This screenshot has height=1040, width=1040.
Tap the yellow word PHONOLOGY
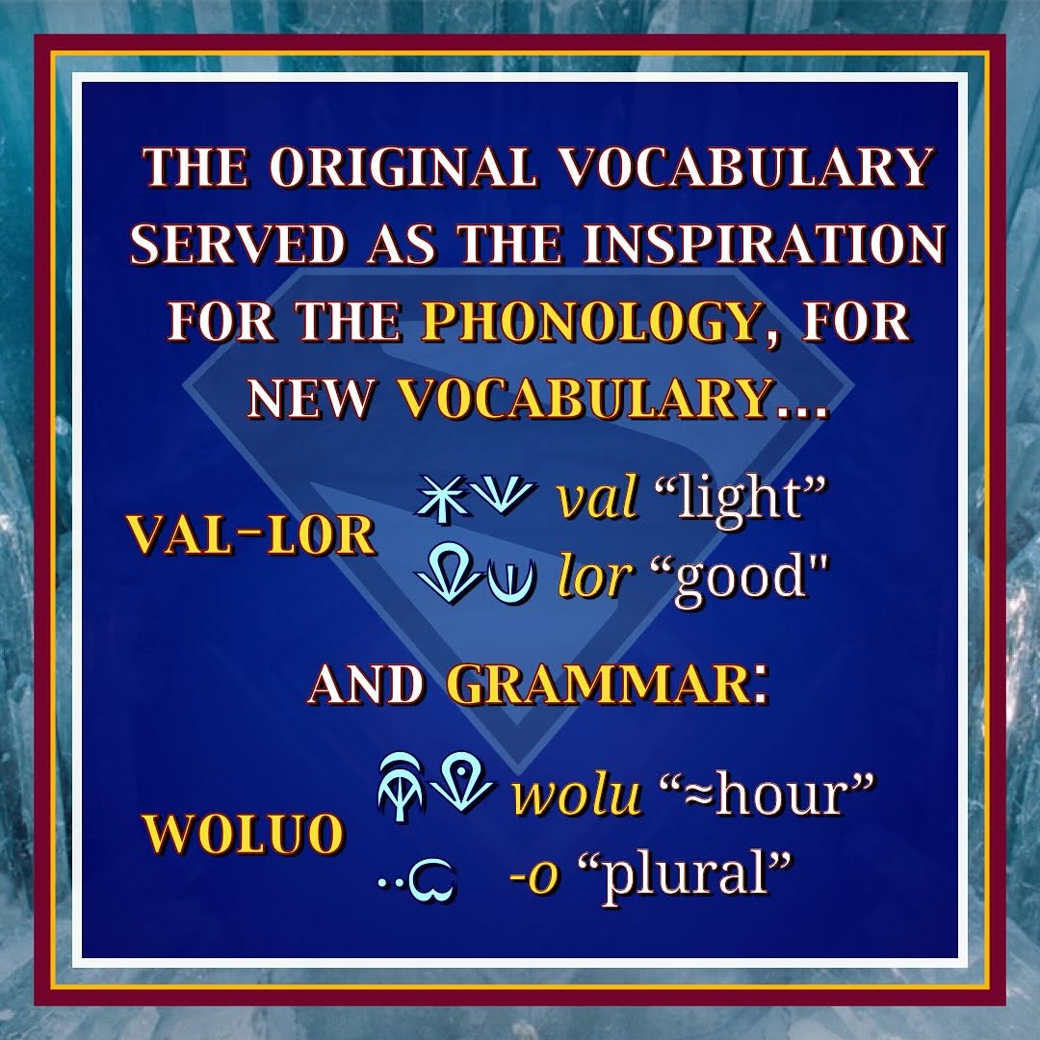pos(591,321)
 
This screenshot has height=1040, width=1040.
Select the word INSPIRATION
pos(764,244)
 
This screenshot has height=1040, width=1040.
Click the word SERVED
pos(238,244)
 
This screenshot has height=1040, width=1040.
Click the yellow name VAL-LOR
pos(251,534)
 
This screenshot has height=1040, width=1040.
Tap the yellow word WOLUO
pos(244,833)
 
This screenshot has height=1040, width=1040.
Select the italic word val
pos(597,498)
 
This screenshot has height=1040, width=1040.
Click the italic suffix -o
pos(533,874)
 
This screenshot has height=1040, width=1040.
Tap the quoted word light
pos(740,499)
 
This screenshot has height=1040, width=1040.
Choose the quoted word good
pos(741,577)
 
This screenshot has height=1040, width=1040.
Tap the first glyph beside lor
pos(448,572)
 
